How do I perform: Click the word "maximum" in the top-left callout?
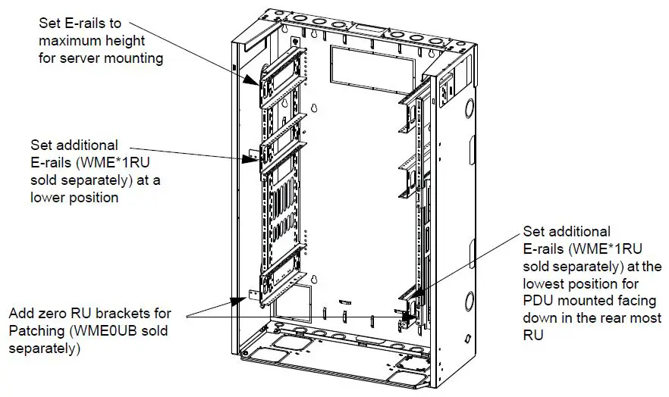(69, 41)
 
